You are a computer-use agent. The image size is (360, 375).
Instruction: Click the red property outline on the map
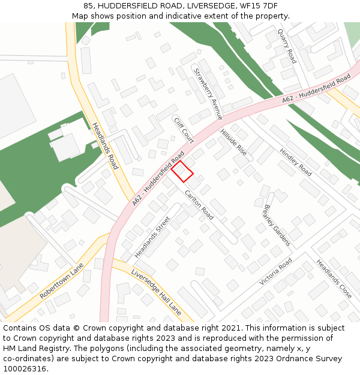(x=182, y=171)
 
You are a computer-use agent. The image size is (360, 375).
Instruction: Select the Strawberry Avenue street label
(x=208, y=92)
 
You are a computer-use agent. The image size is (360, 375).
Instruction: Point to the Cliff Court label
(x=184, y=130)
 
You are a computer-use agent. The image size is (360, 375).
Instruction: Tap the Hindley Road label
(x=296, y=162)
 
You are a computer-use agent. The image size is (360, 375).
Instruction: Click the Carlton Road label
(x=199, y=205)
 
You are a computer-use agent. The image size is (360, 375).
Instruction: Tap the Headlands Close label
(x=334, y=279)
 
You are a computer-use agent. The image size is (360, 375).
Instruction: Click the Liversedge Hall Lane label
(x=156, y=292)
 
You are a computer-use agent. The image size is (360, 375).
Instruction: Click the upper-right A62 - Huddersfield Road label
(x=316, y=90)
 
